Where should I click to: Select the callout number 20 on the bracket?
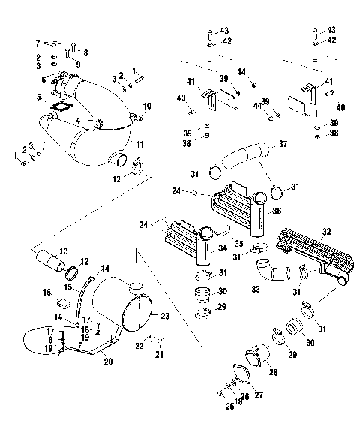(108, 361)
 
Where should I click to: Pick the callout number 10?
(147, 106)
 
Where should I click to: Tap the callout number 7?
(37, 43)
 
